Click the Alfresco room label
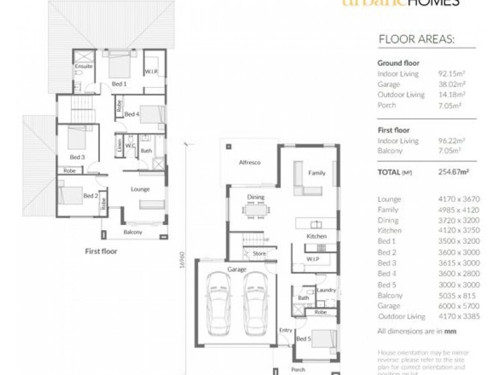[249, 162]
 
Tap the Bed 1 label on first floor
[119, 84]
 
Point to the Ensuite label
[84, 66]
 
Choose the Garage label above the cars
[237, 269]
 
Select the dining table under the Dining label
[256, 211]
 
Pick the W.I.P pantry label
[313, 258]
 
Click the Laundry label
[326, 291]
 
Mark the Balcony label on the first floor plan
[132, 232]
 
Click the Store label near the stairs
[259, 254]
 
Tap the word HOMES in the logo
[441, 3]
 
